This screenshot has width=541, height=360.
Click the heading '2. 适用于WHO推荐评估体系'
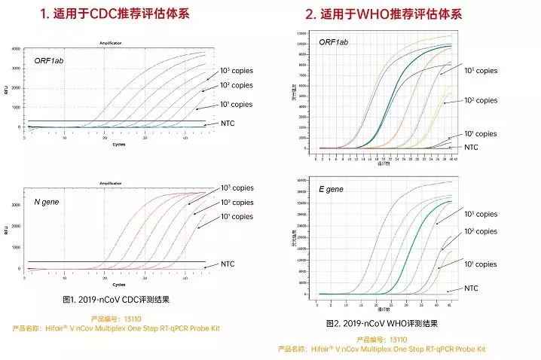coord(384,14)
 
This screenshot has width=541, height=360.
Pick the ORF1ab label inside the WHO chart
coord(333,43)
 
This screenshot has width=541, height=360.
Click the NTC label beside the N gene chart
coord(228,264)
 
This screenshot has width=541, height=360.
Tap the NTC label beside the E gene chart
coord(471,288)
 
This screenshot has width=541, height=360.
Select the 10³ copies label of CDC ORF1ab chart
coord(237,70)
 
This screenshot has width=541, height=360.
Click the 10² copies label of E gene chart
coord(480,231)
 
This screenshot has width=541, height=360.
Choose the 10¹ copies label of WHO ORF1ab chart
coord(480,133)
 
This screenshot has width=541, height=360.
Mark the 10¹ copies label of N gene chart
coord(237,216)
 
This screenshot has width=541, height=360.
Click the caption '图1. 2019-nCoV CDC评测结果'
coord(116,299)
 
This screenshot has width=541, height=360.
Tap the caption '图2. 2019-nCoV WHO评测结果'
coord(382,323)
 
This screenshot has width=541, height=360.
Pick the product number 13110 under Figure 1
coord(116,319)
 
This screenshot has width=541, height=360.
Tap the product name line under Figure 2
coord(382,349)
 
